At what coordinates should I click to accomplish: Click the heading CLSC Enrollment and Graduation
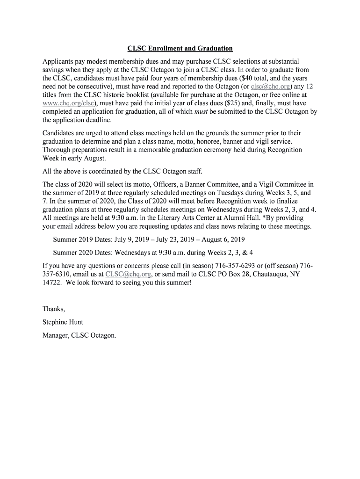[180, 49]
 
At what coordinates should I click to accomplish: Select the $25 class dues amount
[240, 103]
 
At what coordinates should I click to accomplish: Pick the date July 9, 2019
[125, 239]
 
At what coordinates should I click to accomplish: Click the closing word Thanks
[54, 309]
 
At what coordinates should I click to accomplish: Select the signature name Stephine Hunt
[63, 322]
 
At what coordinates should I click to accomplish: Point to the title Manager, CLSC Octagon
[79, 335]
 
